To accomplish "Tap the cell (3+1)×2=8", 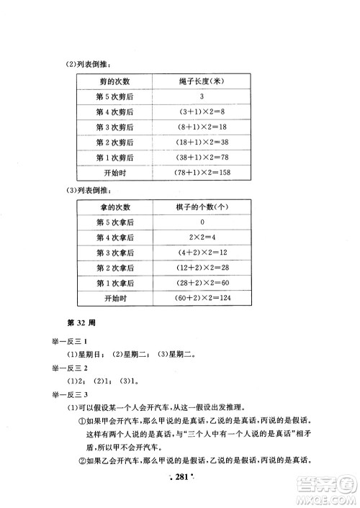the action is tap(203, 111).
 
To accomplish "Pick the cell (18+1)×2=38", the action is tap(203, 142).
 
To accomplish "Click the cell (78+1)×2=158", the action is tap(203, 173).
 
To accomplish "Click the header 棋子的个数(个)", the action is tap(203, 207).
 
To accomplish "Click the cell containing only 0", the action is tap(203, 222).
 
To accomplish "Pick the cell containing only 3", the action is tap(203, 96).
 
